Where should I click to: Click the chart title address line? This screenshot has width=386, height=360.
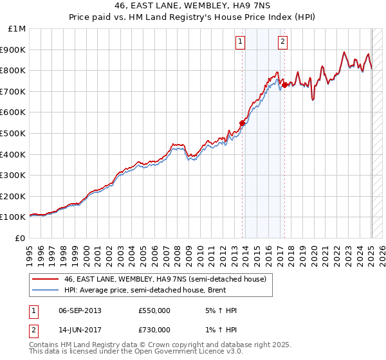tap(193, 6)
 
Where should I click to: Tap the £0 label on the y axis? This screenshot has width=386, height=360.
tap(21, 238)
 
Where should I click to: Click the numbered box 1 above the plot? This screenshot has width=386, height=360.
tap(240, 42)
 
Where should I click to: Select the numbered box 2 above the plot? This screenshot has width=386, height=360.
tap(282, 42)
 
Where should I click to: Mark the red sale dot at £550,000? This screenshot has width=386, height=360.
tap(243, 123)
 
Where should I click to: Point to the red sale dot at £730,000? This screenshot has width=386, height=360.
tap(284, 84)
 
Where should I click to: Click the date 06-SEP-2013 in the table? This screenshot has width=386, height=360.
tap(80, 310)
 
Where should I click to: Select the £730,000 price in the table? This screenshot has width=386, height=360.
tap(154, 330)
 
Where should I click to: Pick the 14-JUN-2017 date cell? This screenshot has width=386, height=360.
tap(79, 330)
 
